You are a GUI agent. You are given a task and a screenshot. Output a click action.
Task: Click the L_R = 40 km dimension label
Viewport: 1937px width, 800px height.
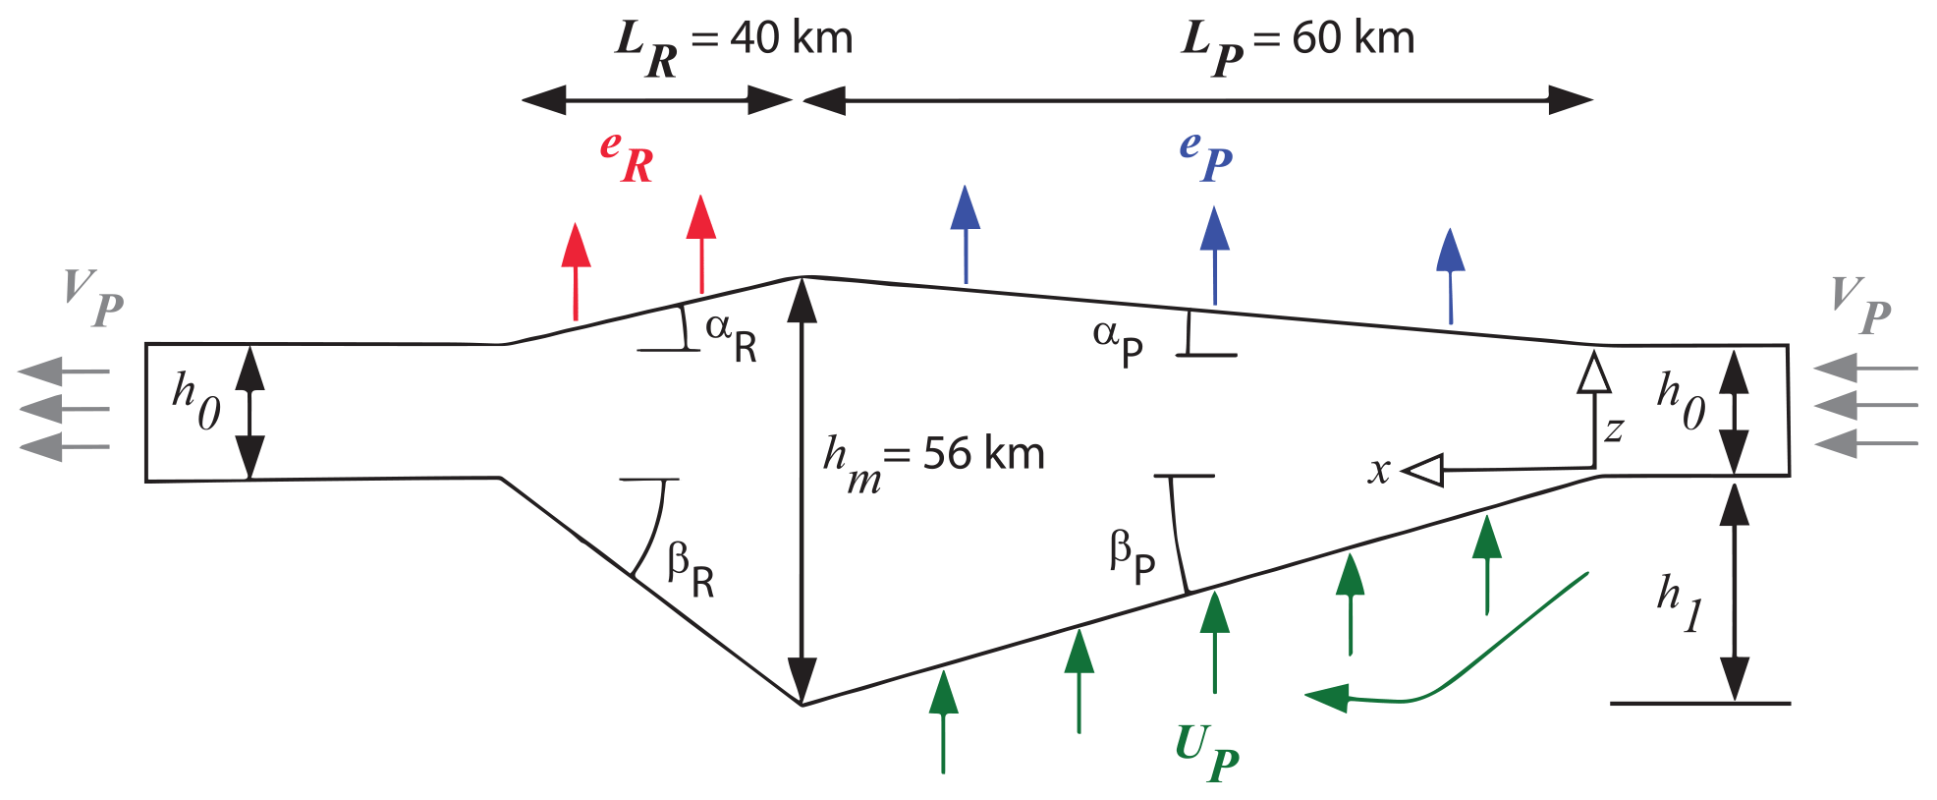(735, 44)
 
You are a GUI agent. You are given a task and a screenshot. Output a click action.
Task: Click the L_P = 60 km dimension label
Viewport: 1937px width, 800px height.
(1298, 44)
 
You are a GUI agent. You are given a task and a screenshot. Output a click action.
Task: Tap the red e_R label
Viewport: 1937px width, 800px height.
(627, 157)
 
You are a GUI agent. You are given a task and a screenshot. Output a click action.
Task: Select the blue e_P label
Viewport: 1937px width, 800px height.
(1205, 155)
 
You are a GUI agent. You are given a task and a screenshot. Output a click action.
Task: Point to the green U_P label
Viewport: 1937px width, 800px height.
(1206, 752)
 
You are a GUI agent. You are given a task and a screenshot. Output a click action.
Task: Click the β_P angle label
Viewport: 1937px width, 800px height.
(1133, 556)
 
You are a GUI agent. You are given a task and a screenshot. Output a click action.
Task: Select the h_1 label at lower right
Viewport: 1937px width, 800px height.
(1679, 601)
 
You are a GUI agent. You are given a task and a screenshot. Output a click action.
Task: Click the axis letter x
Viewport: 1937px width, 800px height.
(1380, 471)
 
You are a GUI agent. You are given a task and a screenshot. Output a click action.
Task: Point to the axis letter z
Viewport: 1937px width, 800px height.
(1614, 429)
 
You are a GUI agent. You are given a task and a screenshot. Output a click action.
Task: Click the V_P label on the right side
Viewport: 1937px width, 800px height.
(1860, 306)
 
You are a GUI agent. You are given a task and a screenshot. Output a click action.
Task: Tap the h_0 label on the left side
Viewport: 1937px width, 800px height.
(196, 401)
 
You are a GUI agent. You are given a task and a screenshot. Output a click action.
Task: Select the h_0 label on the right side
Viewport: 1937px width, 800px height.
(1681, 401)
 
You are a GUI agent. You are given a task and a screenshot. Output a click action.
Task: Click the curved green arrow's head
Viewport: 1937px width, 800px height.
(1326, 698)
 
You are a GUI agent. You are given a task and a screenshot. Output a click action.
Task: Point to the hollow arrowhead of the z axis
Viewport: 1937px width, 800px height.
(1593, 373)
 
